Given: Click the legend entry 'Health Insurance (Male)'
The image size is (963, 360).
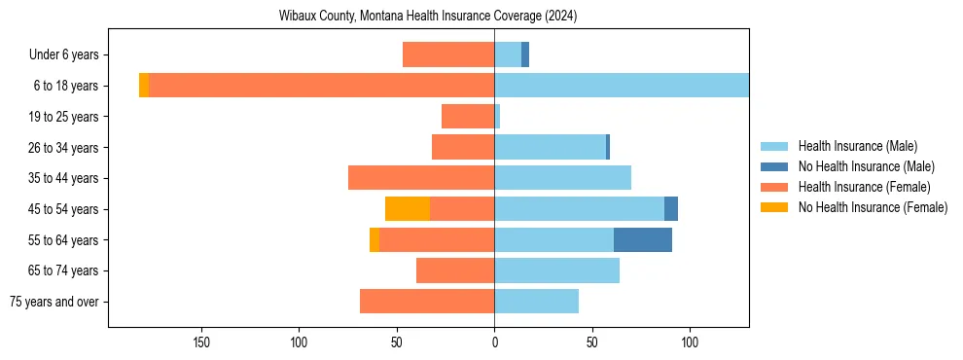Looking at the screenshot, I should (857, 146).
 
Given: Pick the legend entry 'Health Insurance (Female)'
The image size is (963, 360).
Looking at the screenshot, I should (864, 187).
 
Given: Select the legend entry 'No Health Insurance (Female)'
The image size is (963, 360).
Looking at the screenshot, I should (873, 207).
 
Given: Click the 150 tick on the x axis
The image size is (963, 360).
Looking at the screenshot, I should (202, 342).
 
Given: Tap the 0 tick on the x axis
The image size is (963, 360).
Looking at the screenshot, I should (494, 342).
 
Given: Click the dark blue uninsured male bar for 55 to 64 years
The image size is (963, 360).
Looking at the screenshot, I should (643, 239).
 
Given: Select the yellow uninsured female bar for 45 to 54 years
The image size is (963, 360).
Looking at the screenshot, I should (408, 209).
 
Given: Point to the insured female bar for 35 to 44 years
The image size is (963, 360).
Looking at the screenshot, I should (421, 178).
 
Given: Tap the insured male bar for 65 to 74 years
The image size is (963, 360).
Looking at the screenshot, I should (556, 270).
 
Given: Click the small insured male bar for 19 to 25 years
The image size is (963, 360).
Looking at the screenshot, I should (497, 117).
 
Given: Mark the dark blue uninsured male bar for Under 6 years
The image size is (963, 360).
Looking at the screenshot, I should (525, 55).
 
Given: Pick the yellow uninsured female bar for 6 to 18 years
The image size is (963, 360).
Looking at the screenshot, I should (144, 86).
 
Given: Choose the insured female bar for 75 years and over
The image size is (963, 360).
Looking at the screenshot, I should (427, 302).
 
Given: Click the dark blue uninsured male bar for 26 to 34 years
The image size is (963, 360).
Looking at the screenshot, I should (608, 147).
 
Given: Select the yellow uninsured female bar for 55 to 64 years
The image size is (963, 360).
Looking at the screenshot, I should (374, 239).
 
